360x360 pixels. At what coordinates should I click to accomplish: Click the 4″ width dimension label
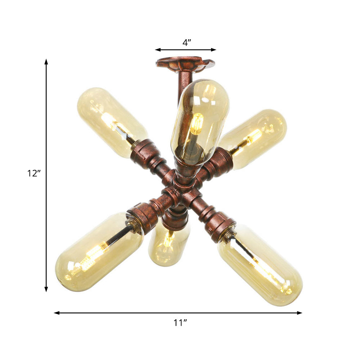coord(186,42)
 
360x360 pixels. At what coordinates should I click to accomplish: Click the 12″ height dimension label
coord(34,173)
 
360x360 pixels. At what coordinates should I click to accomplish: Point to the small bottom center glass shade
coord(167,247)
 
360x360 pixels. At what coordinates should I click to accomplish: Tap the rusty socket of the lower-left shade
coord(142,216)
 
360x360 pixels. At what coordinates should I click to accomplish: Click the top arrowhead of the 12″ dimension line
coord(46,61)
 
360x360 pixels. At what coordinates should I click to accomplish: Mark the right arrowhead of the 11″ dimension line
coord(300,313)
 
